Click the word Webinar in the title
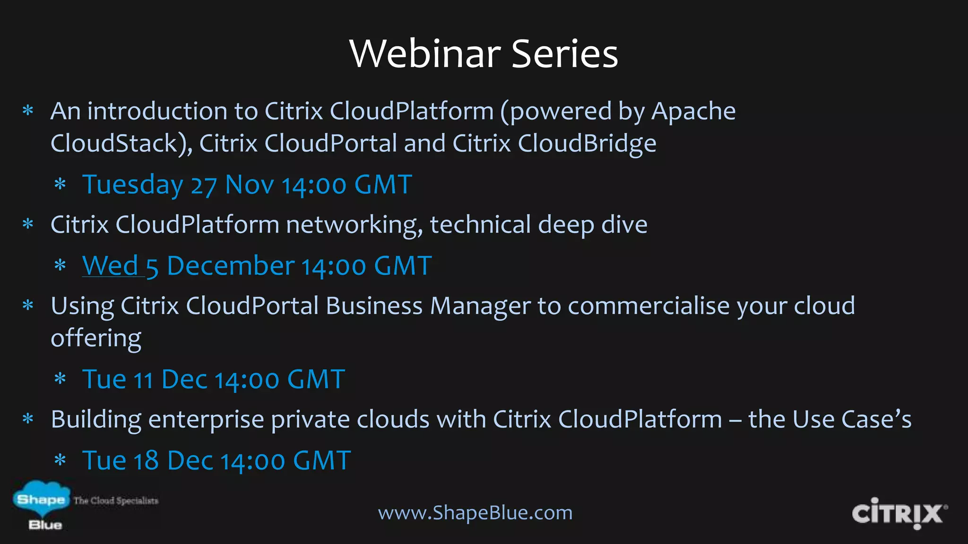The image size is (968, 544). click(x=425, y=54)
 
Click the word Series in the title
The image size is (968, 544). click(x=564, y=54)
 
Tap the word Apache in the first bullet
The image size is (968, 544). click(x=693, y=112)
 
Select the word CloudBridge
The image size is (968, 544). click(x=587, y=144)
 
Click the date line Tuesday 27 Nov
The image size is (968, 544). click(x=247, y=185)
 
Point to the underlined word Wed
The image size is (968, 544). click(x=110, y=265)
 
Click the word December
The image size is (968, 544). click(x=231, y=266)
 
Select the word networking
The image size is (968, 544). click(x=354, y=225)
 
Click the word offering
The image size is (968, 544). click(x=96, y=339)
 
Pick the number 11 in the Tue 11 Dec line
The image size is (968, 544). click(x=143, y=380)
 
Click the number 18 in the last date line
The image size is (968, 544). click(x=146, y=461)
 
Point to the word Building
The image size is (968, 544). click(x=96, y=420)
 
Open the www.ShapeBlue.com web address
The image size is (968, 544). click(x=475, y=513)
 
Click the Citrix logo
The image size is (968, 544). click(x=899, y=513)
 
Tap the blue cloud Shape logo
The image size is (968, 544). click(x=41, y=499)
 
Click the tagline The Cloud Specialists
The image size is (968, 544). click(x=116, y=501)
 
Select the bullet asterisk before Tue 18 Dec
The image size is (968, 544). click(x=60, y=460)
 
